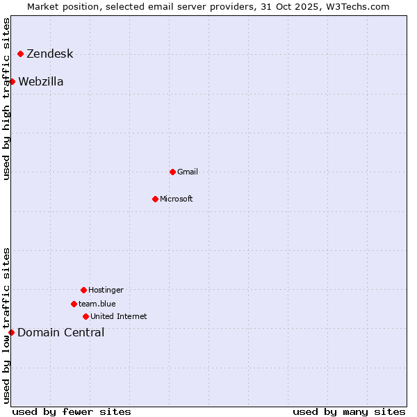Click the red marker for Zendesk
point(21,54)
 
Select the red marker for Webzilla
point(12,81)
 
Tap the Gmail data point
point(172,172)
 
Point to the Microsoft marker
point(155,199)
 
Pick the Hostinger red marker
point(83,290)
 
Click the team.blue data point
point(74,304)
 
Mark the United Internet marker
point(85,316)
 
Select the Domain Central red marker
point(11,332)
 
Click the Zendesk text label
point(49,54)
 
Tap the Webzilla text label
point(41,82)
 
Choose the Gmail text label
point(188,172)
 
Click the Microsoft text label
point(177,199)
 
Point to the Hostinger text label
point(106,290)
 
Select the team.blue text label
point(97,304)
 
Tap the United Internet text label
point(119,316)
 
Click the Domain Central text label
point(61,333)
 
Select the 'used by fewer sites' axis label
point(72,411)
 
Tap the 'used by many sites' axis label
point(349,411)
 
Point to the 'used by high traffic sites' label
point(6,99)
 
